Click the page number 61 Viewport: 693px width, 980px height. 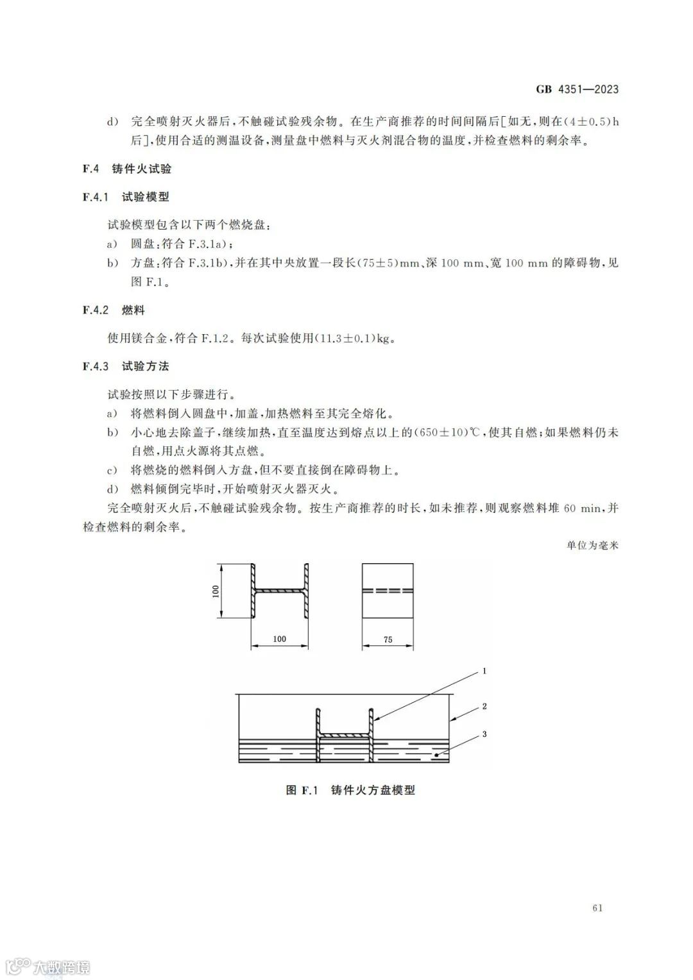597,908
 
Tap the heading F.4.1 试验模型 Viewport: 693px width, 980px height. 126,197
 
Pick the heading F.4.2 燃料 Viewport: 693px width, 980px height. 114,310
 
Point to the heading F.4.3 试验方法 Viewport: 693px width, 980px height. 126,366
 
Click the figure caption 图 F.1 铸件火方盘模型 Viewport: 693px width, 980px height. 350,790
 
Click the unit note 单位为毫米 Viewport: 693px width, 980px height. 592,546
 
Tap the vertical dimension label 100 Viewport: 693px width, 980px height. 216,591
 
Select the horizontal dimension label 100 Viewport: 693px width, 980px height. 279,639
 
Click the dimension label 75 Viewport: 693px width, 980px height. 388,639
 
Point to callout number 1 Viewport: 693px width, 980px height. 484,671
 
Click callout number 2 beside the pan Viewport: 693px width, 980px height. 484,706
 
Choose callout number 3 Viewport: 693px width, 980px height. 484,734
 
